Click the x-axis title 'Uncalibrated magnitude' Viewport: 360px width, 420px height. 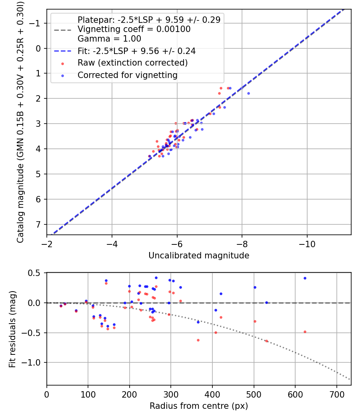pyautogui.click(x=199, y=256)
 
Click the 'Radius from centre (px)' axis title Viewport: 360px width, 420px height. pyautogui.click(x=199, y=406)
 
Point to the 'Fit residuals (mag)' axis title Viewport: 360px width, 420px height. pyautogui.click(x=12, y=329)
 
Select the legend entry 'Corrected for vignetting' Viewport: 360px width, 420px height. pyautogui.click(x=127, y=75)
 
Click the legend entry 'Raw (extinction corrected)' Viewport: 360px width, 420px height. pyautogui.click(x=132, y=63)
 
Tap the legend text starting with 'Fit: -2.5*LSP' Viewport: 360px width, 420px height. pyautogui.click(x=136, y=51)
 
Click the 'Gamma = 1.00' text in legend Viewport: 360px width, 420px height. pyautogui.click(x=109, y=39)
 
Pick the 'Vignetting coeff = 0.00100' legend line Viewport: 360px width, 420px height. pyautogui.click(x=134, y=29)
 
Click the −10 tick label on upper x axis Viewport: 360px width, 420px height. pyautogui.click(x=307, y=244)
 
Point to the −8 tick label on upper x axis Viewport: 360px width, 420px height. pyautogui.click(x=242, y=244)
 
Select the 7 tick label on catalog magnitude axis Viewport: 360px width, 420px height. pyautogui.click(x=39, y=224)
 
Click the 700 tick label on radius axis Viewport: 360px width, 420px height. pyautogui.click(x=336, y=394)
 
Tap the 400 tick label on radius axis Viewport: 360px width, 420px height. pyautogui.click(x=212, y=394)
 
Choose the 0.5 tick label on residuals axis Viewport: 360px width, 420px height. pyautogui.click(x=36, y=273)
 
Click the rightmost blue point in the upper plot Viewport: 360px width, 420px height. pyautogui.click(x=248, y=93)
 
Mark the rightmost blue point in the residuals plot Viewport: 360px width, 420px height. pyautogui.click(x=305, y=278)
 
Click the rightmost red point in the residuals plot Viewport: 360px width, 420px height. pyautogui.click(x=305, y=332)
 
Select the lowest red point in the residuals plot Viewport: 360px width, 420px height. pyautogui.click(x=267, y=341)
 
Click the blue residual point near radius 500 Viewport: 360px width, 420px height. pyautogui.click(x=255, y=287)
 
